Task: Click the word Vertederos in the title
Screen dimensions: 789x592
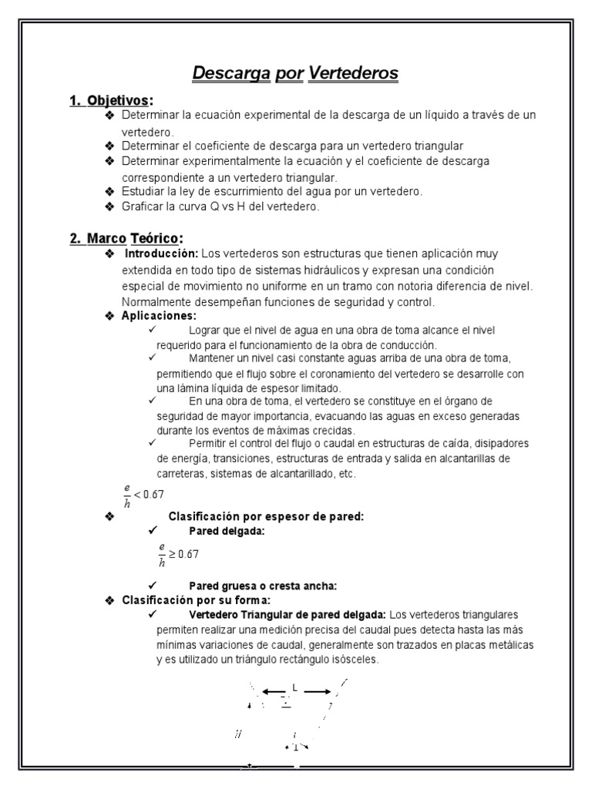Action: [353, 73]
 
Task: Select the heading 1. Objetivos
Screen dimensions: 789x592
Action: [111, 100]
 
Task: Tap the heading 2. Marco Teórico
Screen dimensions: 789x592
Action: [126, 238]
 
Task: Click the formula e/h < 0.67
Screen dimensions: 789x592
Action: [143, 494]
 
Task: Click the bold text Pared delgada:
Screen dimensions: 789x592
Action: [227, 530]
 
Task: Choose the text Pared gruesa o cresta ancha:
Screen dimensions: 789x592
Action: [263, 586]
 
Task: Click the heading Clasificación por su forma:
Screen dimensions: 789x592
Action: [196, 599]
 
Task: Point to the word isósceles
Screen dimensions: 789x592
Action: [355, 660]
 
